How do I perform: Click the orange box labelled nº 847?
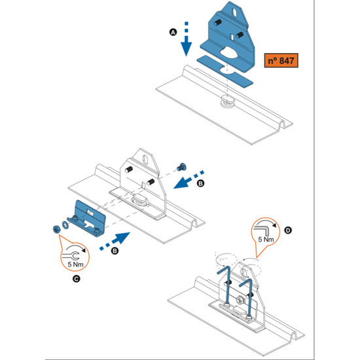[x=281, y=60]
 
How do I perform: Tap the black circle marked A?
[x=173, y=32]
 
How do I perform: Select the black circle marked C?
[x=76, y=279]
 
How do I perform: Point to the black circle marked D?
[x=288, y=230]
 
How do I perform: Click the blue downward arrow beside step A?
[x=186, y=39]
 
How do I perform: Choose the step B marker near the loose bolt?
[x=200, y=183]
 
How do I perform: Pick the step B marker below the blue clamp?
[x=115, y=251]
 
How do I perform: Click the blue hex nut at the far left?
[x=56, y=229]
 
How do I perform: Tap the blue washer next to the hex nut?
[x=65, y=225]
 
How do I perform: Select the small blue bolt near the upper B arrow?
[x=181, y=167]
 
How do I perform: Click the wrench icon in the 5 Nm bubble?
[x=71, y=255]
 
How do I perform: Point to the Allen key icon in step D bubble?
[x=261, y=229]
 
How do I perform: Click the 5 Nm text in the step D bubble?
[x=266, y=240]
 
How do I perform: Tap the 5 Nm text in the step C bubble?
[x=75, y=264]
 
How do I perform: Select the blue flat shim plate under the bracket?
[x=225, y=71]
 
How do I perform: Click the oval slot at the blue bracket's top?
[x=235, y=12]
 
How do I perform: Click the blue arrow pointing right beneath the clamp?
[x=115, y=241]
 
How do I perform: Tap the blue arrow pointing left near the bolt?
[x=189, y=179]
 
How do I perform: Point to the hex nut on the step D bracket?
[x=239, y=300]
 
